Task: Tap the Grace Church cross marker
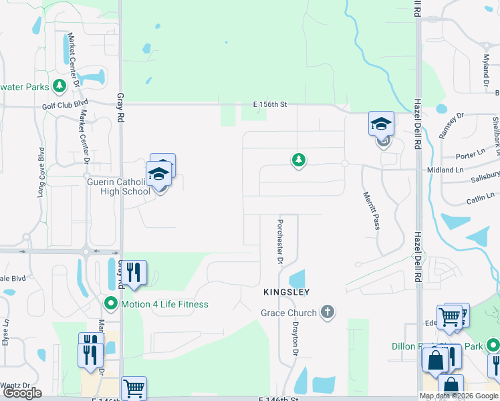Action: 327,311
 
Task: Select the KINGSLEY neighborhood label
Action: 285,293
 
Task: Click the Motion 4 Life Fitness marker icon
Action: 111,304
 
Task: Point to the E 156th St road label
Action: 270,104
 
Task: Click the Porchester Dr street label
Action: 281,241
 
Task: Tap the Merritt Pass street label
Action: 371,211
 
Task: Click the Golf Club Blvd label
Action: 65,105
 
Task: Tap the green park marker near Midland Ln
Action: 299,160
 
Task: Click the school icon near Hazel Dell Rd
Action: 381,124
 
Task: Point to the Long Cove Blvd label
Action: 41,172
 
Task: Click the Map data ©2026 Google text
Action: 459,396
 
